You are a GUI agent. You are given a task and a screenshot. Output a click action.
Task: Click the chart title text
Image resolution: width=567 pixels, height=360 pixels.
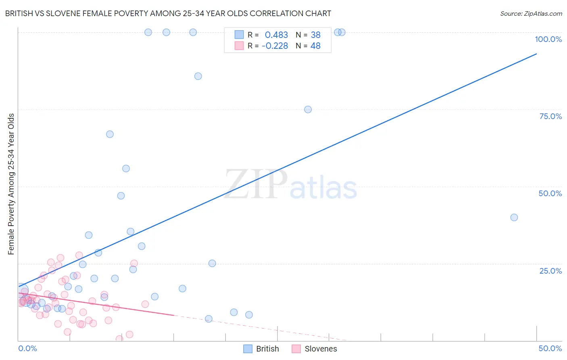[168, 14]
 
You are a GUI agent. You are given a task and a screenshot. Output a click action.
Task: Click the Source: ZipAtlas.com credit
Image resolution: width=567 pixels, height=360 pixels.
[531, 14]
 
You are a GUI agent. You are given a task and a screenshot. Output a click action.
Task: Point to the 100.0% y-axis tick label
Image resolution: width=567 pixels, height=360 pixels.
[548, 39]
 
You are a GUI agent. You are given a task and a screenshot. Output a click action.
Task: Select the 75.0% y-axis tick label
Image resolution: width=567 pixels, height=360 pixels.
[550, 116]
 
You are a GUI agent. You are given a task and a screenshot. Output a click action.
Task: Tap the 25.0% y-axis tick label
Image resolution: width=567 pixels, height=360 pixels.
[550, 271]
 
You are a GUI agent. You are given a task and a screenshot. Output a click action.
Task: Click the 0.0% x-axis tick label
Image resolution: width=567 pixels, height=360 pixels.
[27, 348]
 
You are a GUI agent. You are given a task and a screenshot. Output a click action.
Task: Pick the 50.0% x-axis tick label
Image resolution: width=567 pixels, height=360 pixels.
[550, 348]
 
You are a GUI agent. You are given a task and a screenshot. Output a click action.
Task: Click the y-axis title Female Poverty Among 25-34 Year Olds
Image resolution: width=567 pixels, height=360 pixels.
[11, 184]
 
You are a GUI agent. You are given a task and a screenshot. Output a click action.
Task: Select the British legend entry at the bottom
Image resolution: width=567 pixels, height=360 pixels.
[261, 349]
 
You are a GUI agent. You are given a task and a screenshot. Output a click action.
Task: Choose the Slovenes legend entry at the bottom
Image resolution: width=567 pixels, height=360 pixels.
[314, 349]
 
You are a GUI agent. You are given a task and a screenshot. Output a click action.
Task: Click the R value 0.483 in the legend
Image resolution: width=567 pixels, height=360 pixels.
[276, 35]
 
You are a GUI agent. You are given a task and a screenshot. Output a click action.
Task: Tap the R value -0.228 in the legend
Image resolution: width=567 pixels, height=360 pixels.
[275, 46]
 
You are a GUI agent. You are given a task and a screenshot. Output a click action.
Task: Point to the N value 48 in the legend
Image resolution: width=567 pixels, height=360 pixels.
[315, 46]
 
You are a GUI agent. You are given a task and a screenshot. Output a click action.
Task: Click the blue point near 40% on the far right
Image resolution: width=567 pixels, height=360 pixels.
[514, 218]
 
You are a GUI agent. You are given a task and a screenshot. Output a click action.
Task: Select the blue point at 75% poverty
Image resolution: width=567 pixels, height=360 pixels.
[308, 109]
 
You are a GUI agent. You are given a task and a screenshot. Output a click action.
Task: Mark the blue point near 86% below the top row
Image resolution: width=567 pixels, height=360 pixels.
[198, 76]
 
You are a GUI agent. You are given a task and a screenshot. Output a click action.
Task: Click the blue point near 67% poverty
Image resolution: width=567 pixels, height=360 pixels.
[110, 134]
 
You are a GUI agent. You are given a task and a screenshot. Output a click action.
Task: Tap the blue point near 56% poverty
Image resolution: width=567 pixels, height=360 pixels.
[126, 169]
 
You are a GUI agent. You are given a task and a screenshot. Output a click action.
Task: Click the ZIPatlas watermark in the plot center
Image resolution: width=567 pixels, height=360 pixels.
[291, 185]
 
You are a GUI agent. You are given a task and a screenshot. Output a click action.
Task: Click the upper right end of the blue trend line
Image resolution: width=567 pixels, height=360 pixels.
[536, 54]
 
